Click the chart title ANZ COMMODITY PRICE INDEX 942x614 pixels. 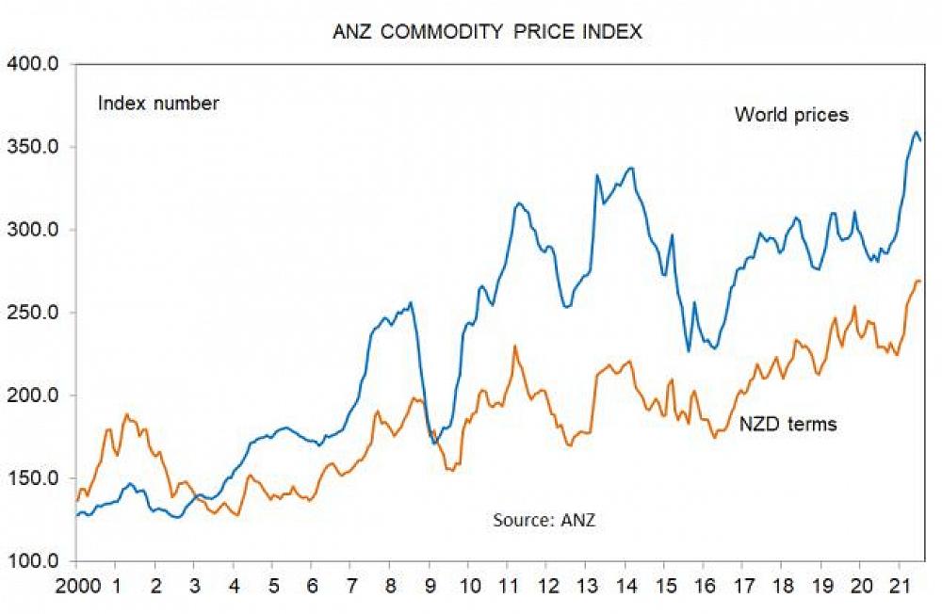(x=487, y=31)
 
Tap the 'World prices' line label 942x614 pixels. (x=791, y=115)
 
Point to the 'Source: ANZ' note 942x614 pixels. (x=544, y=519)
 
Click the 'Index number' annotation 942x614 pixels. (x=158, y=104)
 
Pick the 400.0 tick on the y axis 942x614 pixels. (x=34, y=64)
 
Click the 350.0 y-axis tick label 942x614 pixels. (x=34, y=147)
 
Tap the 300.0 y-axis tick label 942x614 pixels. (x=34, y=230)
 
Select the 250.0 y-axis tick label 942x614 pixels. (x=34, y=313)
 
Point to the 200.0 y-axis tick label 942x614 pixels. (x=34, y=396)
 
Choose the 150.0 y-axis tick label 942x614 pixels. (x=34, y=478)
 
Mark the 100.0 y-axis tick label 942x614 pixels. (x=34, y=561)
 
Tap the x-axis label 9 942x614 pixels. (x=430, y=583)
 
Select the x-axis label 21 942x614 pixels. (x=899, y=583)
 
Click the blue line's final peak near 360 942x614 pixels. (x=916, y=133)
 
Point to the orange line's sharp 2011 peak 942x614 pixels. (x=514, y=347)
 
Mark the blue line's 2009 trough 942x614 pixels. (x=434, y=443)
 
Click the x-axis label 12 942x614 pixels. (x=546, y=583)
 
